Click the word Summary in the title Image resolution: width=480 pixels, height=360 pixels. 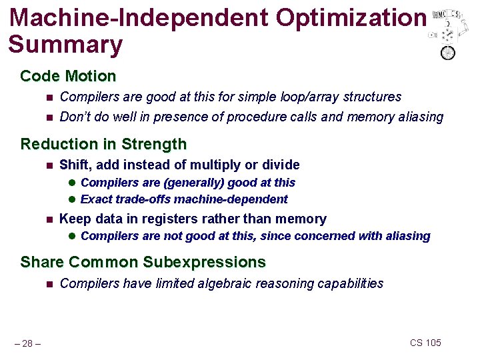click(65, 45)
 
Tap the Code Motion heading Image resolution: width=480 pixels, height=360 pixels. click(68, 76)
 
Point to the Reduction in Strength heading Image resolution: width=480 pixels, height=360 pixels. click(103, 144)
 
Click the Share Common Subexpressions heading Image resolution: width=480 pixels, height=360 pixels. click(143, 262)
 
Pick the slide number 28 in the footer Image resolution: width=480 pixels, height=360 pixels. click(27, 343)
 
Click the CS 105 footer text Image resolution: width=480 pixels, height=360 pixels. click(425, 343)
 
